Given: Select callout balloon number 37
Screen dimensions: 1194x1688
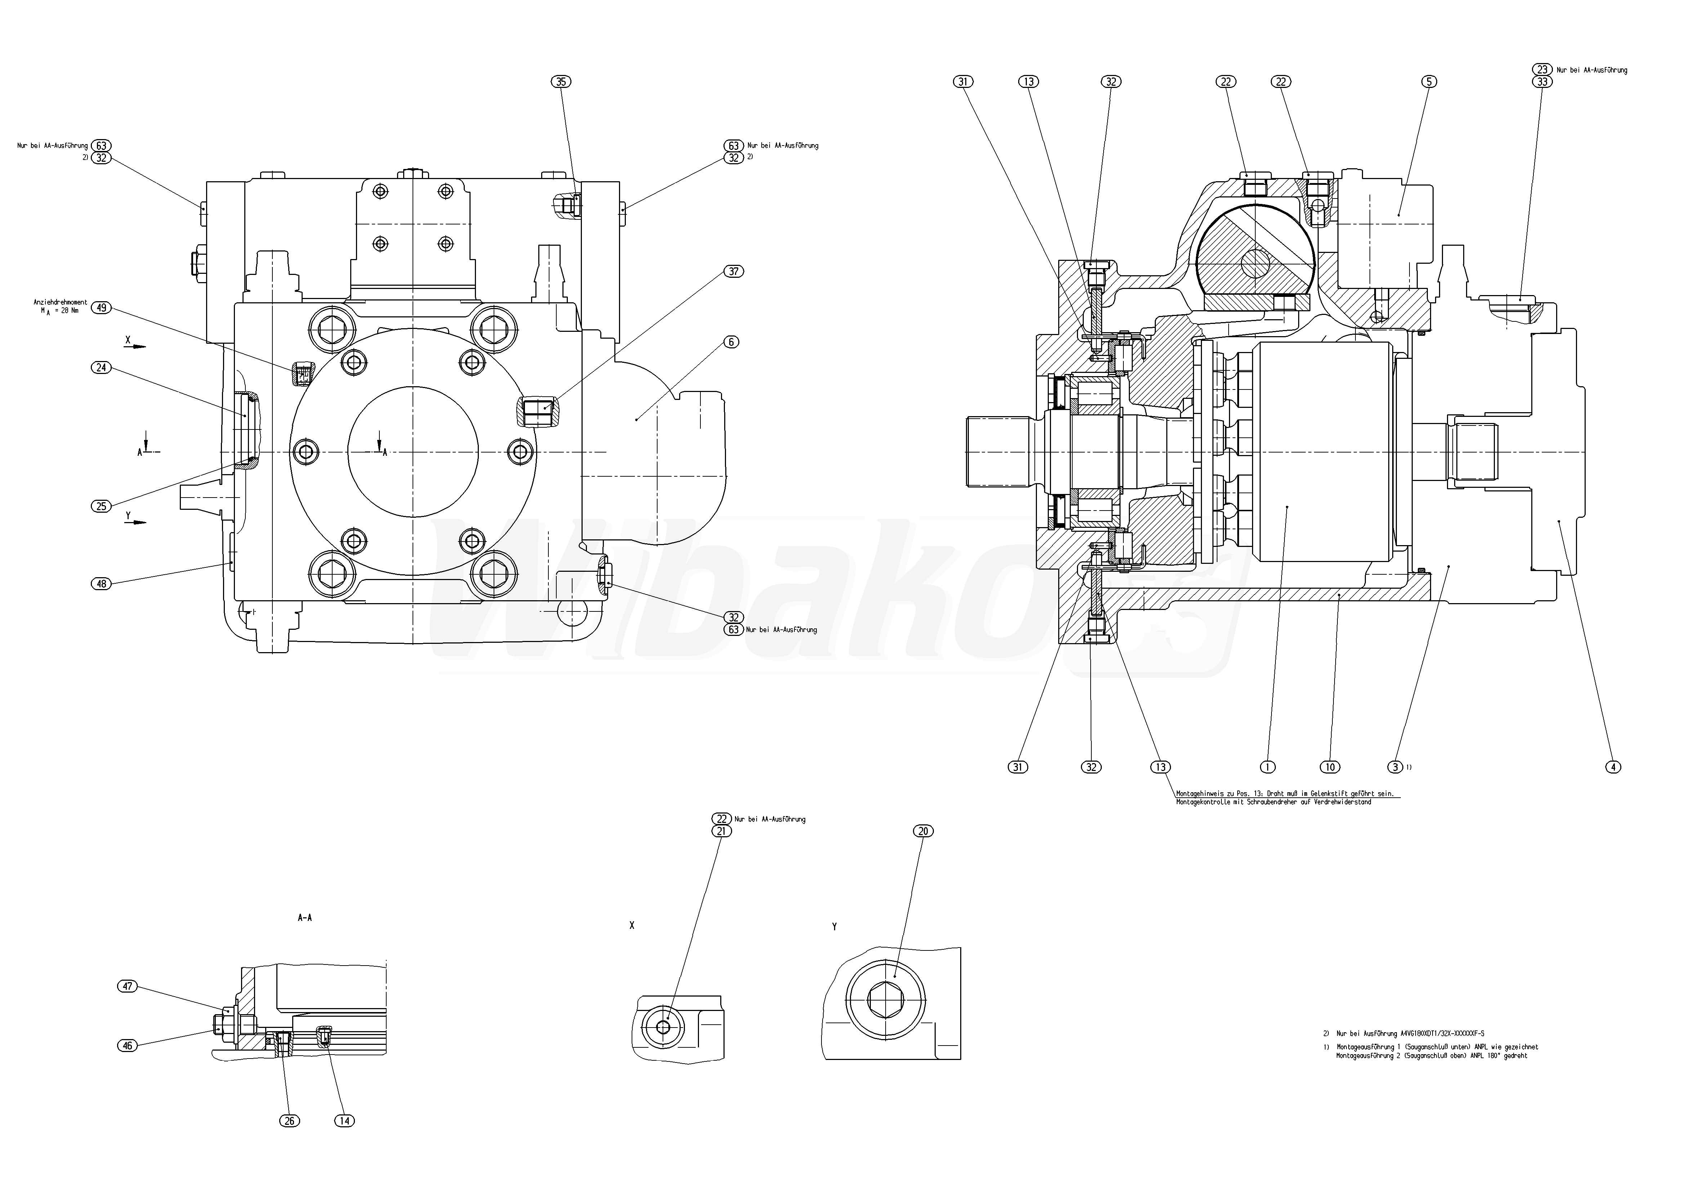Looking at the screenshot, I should [x=733, y=271].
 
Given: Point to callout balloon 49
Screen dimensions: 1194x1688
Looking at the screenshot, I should [x=102, y=308].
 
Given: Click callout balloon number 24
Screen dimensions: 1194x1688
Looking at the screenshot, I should [x=102, y=367].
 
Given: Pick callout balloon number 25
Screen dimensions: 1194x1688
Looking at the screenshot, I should [x=102, y=506].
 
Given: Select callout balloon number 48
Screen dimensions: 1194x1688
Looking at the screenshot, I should [x=102, y=584].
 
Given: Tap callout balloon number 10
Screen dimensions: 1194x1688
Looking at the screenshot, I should [x=1329, y=767].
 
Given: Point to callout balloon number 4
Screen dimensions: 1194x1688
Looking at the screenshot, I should [x=1612, y=767].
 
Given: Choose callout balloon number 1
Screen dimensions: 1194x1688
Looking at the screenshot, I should [x=1268, y=767].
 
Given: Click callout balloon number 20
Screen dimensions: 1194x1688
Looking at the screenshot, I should [x=923, y=831].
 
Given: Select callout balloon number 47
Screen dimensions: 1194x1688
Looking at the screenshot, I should [x=128, y=986].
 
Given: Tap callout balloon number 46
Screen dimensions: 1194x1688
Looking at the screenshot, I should [x=128, y=1045].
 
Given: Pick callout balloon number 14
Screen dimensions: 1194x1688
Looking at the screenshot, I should [x=344, y=1121].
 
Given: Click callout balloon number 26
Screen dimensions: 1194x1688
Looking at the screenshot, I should [x=290, y=1121].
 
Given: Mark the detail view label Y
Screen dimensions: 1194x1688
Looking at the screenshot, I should [x=834, y=927].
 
